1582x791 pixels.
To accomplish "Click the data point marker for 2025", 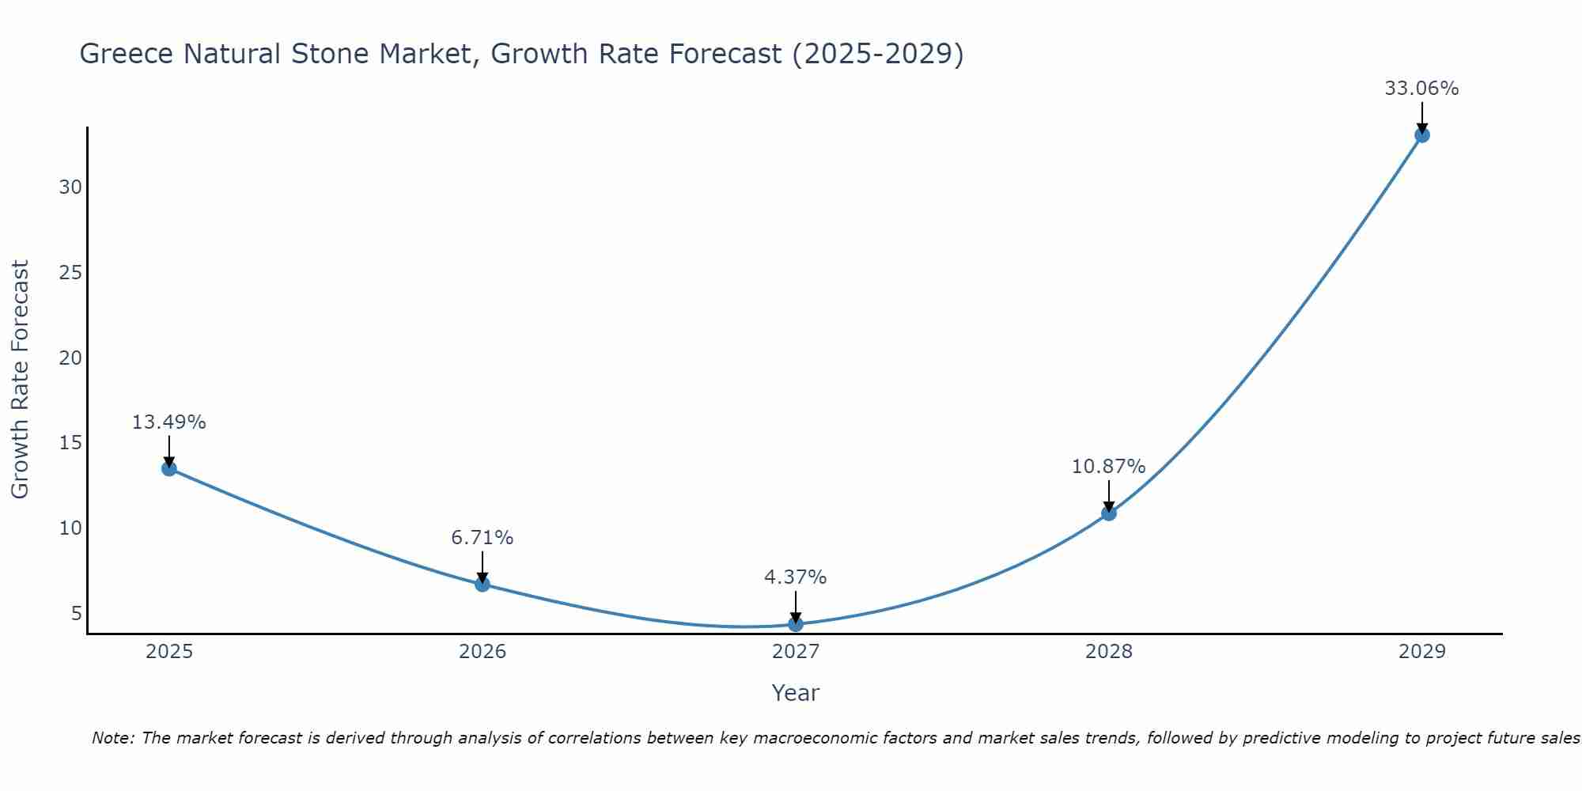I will tap(169, 468).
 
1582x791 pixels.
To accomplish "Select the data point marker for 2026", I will tap(483, 585).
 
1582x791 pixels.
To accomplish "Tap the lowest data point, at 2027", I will tap(796, 624).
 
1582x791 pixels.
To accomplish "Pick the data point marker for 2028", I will tap(1109, 513).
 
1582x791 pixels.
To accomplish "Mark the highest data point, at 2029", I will tap(1421, 135).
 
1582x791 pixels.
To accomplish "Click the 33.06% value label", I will tap(1421, 89).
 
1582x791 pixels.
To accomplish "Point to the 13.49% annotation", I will tap(168, 422).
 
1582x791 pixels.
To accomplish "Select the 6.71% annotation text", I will tap(483, 538).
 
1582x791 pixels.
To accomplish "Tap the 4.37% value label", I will tap(795, 577).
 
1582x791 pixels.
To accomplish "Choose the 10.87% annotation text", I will tap(1108, 467).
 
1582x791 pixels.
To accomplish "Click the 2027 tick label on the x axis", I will tap(796, 652).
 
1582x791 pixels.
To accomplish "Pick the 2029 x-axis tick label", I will tap(1421, 652).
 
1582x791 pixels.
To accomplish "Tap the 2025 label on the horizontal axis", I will tap(169, 652).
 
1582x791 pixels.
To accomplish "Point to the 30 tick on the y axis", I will tap(70, 187).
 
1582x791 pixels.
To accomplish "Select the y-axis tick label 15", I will tap(70, 443).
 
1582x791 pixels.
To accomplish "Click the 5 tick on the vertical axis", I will tap(77, 613).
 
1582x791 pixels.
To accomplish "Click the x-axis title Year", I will tap(795, 693).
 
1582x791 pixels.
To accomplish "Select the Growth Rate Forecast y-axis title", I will tap(21, 380).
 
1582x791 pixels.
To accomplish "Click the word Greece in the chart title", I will tap(127, 55).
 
